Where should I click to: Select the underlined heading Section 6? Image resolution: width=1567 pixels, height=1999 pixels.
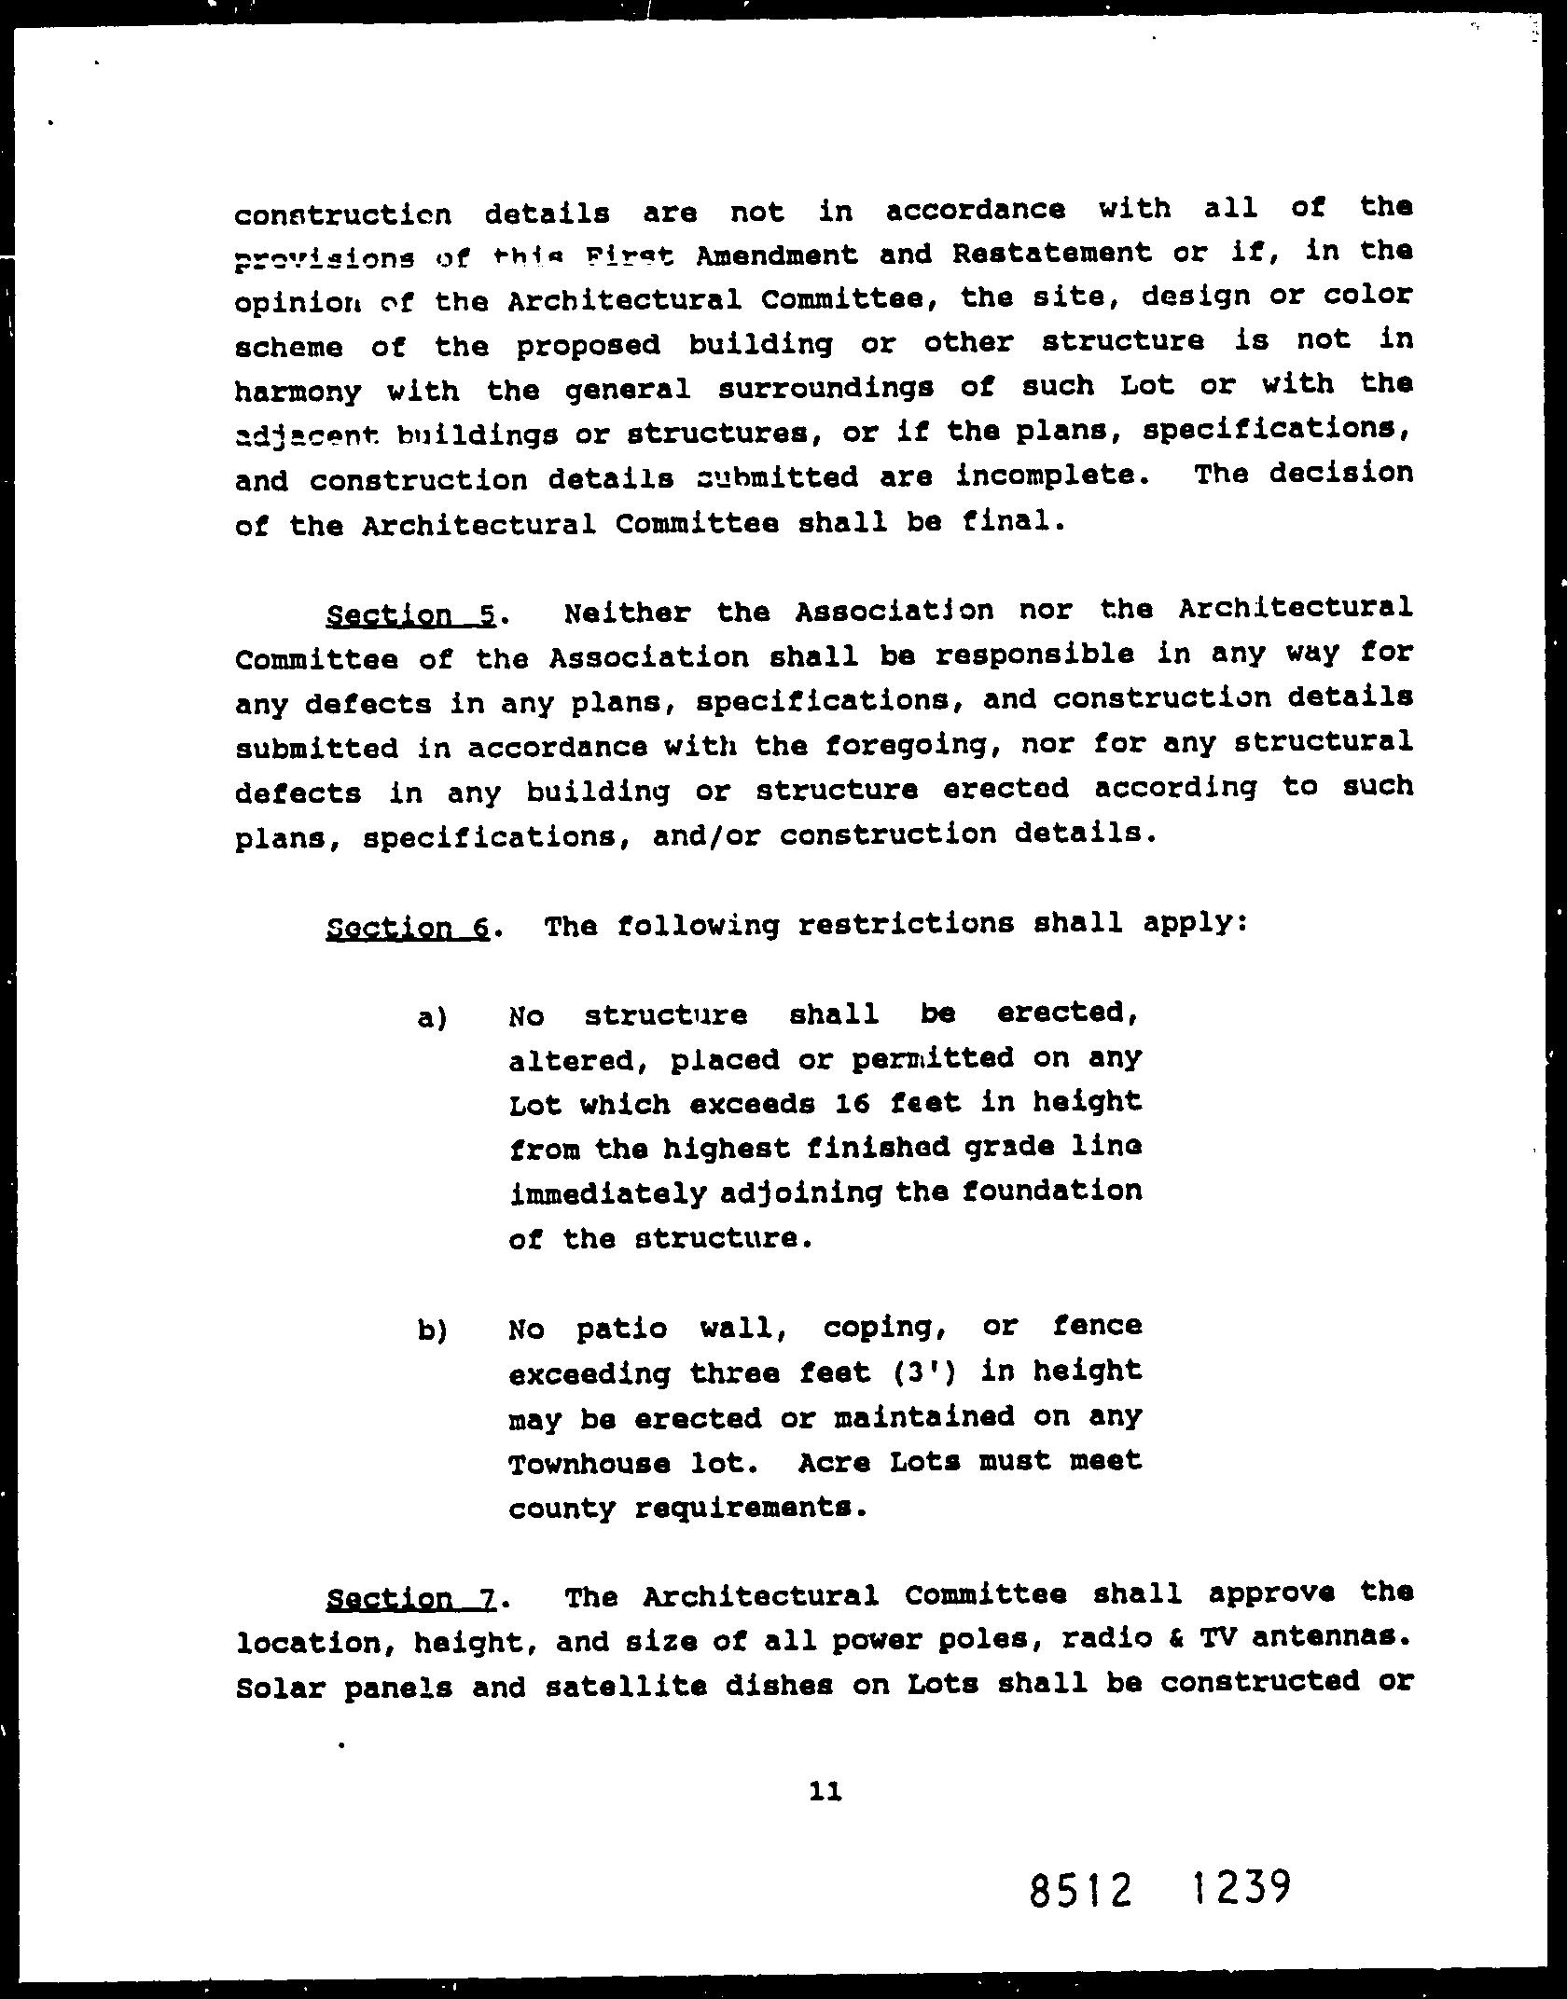coord(408,928)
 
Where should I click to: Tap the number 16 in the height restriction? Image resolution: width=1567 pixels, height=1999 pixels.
coord(853,1104)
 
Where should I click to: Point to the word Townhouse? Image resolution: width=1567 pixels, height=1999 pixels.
coord(589,1463)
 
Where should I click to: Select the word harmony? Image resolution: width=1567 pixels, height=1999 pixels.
coord(298,391)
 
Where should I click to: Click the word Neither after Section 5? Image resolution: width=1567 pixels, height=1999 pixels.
coord(627,613)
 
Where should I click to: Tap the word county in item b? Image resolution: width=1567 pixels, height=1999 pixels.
coord(562,1508)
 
